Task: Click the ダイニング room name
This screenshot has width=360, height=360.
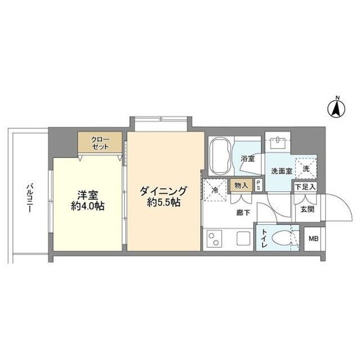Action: point(163,191)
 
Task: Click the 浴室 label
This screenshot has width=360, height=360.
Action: point(247,159)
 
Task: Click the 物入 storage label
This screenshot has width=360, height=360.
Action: point(241,185)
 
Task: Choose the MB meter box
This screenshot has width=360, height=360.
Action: point(312,238)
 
